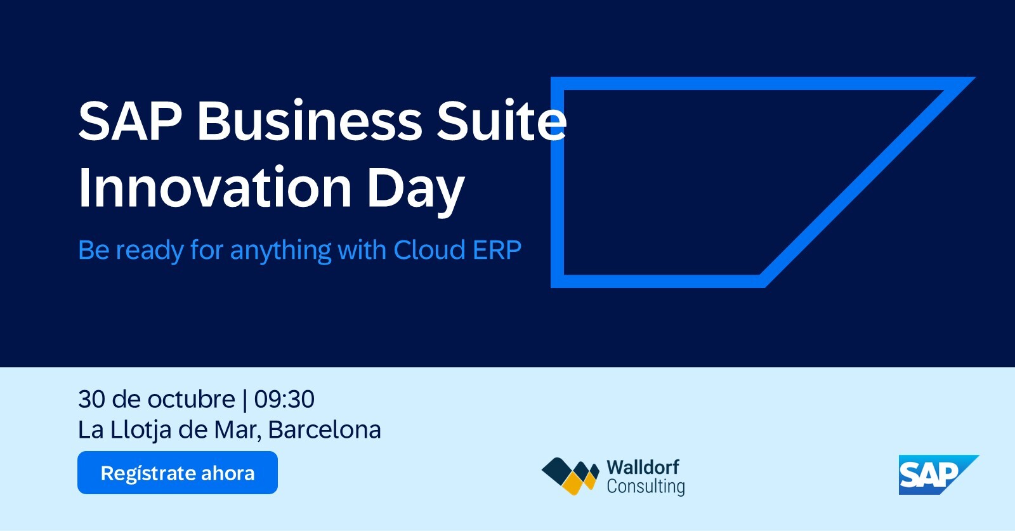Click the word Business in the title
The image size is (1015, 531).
310,121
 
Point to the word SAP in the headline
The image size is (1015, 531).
131,121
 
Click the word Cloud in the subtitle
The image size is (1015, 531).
429,249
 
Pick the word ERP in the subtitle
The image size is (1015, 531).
497,250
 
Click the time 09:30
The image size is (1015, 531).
284,399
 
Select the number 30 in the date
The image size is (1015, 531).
92,399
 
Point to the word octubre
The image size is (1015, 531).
192,398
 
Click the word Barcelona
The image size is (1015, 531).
324,429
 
